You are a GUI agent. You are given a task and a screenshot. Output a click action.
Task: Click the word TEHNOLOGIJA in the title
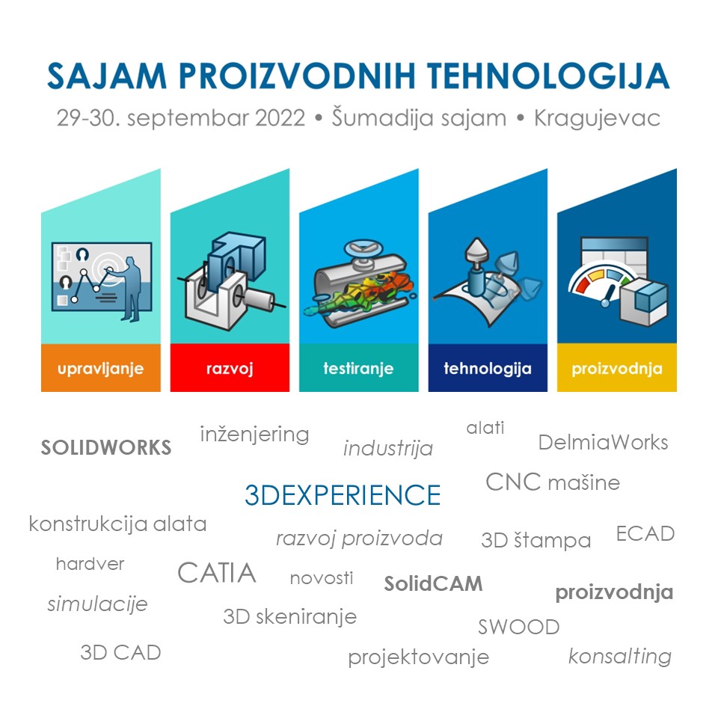548,76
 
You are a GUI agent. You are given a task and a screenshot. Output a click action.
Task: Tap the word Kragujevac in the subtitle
597,118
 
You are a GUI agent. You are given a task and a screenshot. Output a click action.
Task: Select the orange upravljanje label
101,368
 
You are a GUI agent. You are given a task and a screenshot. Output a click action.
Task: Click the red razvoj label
230,368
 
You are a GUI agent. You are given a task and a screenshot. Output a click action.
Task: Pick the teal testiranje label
358,368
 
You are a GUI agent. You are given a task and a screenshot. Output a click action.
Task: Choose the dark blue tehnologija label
488,368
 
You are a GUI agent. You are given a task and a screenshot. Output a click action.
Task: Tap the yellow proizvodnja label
617,368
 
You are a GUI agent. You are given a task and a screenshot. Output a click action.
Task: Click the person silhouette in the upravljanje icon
130,289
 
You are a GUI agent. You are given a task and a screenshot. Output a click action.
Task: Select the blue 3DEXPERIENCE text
343,495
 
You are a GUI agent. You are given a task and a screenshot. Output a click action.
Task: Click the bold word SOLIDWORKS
106,447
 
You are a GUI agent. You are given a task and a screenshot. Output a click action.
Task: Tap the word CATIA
217,572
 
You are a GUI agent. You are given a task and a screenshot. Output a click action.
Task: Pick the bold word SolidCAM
433,584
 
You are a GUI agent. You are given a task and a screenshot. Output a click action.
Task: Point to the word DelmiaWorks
603,442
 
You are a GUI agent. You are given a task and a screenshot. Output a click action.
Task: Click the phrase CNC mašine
553,482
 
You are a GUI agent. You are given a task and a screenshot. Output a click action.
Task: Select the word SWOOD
519,627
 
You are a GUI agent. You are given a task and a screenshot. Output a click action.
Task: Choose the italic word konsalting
620,656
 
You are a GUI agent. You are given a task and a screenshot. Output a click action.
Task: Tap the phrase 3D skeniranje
290,617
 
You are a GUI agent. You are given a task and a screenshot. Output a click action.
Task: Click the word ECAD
645,533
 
